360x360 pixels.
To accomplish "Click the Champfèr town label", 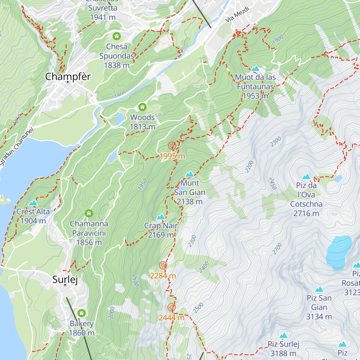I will click(x=68, y=77).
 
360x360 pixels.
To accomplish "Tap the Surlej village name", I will click(x=65, y=279).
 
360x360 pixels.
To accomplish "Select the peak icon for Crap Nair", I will click(x=161, y=217).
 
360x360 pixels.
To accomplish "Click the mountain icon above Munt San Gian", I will click(x=190, y=174).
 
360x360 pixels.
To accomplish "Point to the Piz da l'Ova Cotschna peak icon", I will click(x=306, y=176).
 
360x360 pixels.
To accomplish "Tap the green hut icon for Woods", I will click(x=142, y=107).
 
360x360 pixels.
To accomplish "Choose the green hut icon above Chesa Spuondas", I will click(x=116, y=36).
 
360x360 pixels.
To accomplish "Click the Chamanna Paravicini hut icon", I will click(x=88, y=213).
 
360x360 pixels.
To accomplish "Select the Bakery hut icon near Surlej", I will click(x=81, y=313).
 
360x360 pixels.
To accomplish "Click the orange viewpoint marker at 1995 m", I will click(x=172, y=146).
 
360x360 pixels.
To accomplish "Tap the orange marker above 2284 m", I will click(x=163, y=265).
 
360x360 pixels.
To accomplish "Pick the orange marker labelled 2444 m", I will click(x=171, y=307).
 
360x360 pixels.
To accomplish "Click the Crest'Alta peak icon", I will click(x=33, y=203).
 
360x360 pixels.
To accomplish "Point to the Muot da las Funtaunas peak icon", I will click(x=255, y=68).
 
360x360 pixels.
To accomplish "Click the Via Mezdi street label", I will click(x=237, y=14).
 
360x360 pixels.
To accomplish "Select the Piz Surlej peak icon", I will click(x=283, y=335).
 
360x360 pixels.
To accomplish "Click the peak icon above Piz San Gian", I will click(x=319, y=289).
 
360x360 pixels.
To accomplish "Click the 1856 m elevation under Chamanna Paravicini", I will click(x=89, y=242).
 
